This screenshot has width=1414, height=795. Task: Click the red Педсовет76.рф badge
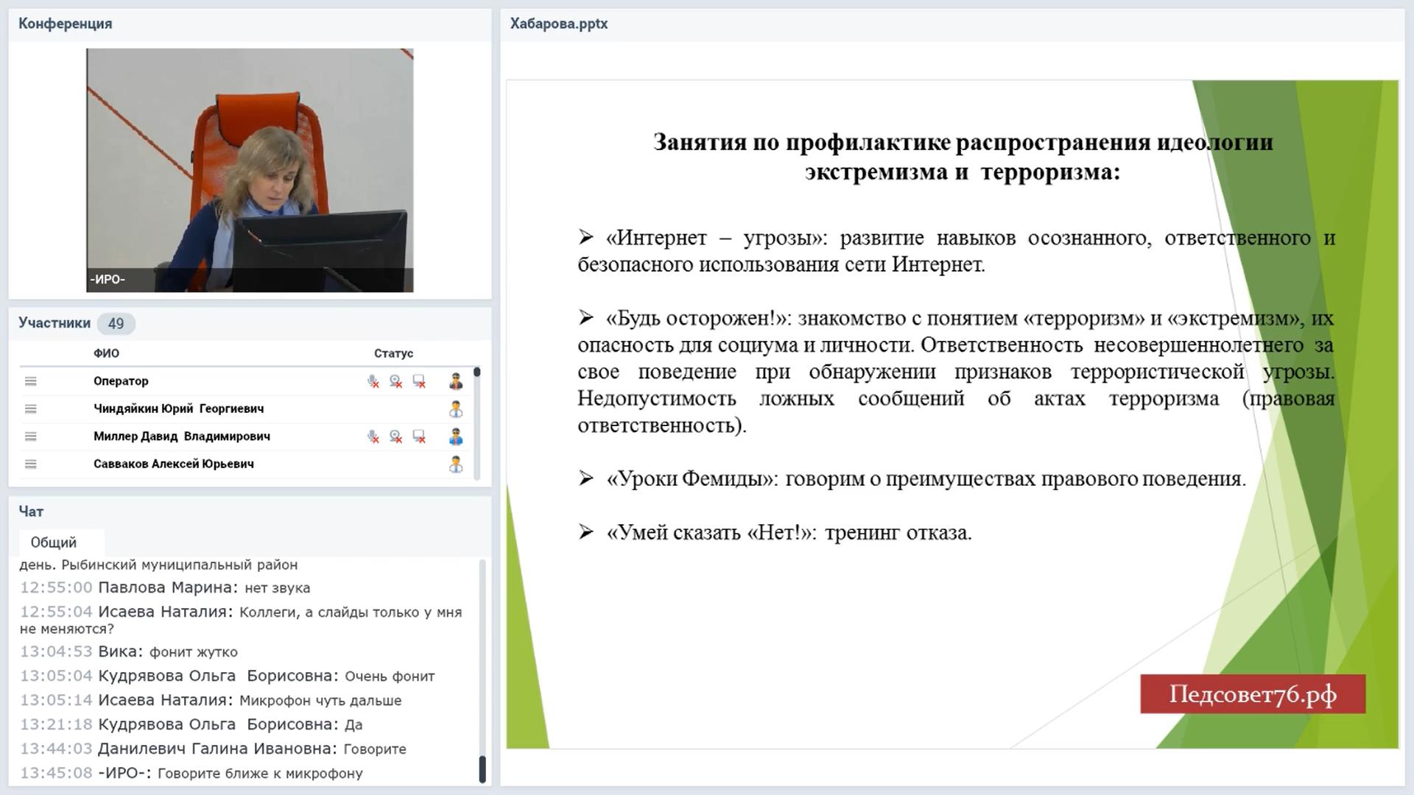[1253, 694]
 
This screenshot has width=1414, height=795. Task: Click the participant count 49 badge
[116, 323]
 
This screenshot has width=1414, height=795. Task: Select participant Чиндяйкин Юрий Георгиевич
[178, 409]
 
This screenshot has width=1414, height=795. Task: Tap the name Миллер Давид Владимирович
[182, 437]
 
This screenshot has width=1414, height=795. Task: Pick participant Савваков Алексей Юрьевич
[174, 464]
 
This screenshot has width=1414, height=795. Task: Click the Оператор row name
[121, 381]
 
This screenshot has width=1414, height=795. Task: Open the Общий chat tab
[54, 543]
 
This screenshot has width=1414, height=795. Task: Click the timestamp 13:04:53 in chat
[56, 651]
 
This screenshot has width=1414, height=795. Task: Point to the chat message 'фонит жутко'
[194, 652]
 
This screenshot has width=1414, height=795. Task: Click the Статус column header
[393, 353]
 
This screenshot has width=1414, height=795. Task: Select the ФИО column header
[106, 353]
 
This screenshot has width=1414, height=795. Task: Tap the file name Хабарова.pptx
[559, 24]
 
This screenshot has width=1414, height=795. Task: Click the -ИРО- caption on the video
[108, 280]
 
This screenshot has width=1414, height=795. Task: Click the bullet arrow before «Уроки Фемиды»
[586, 478]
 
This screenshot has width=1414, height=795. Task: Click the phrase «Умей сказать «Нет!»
[709, 532]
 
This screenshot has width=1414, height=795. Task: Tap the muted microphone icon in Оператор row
[373, 381]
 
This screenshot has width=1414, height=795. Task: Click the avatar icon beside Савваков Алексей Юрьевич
[456, 464]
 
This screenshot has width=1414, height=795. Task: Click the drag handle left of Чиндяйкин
[30, 409]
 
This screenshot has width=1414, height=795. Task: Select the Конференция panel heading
[66, 24]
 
